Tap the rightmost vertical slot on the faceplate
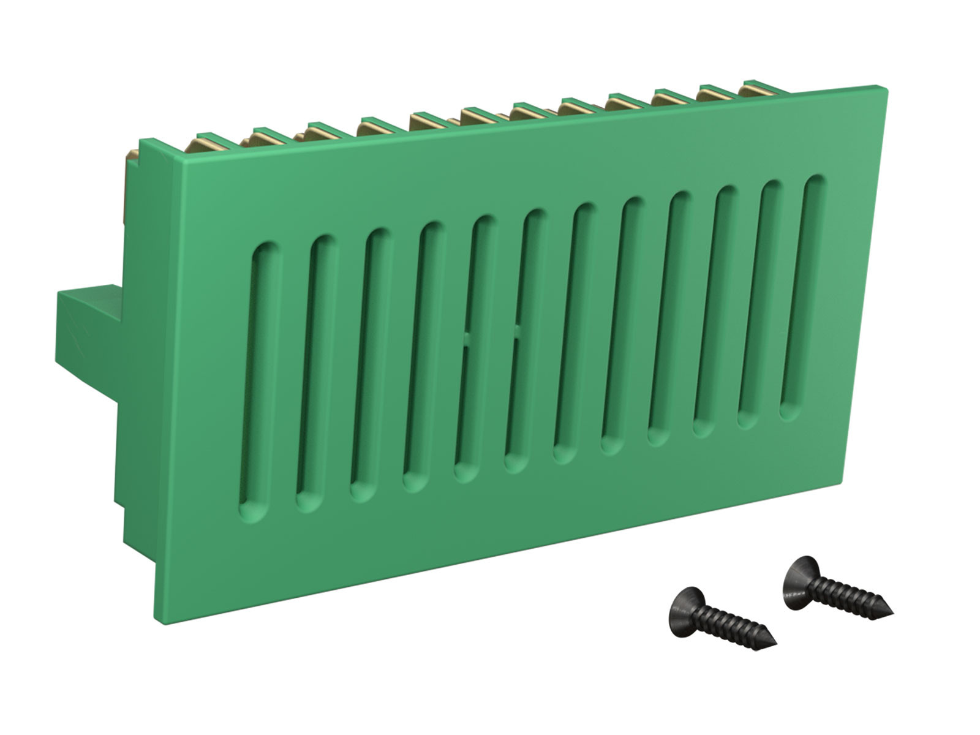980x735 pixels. tap(804, 298)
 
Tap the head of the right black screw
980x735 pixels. tap(799, 573)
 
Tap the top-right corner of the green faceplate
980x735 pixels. tap(886, 88)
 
